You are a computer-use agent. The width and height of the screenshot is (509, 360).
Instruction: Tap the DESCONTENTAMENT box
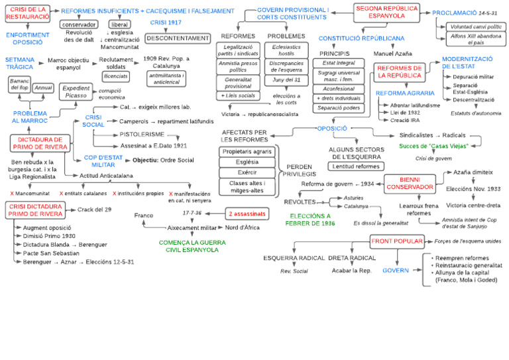tap(168, 38)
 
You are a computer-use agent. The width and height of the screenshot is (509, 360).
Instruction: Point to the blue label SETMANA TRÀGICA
tap(19, 64)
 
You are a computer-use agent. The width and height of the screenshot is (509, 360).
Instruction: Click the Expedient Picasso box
tap(76, 91)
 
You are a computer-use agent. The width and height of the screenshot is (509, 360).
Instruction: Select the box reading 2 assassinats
tap(247, 214)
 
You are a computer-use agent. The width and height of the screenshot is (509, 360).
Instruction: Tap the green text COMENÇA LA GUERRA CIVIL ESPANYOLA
tap(192, 246)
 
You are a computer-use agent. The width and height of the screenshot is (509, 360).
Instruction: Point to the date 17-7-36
tap(192, 213)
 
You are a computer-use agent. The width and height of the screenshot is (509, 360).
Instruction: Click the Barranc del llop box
tap(19, 84)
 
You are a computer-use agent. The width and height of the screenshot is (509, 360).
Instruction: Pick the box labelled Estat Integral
tap(339, 63)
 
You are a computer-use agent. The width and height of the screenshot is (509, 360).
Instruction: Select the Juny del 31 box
tap(286, 80)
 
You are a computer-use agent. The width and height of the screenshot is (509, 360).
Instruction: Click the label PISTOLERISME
tap(142, 134)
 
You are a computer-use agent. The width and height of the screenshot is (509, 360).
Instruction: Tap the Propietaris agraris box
tap(247, 152)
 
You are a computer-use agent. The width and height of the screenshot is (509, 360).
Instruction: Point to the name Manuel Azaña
tap(393, 53)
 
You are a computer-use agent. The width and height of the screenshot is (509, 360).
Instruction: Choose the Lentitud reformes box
tap(356, 166)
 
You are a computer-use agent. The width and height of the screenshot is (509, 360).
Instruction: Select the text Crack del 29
tap(95, 210)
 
